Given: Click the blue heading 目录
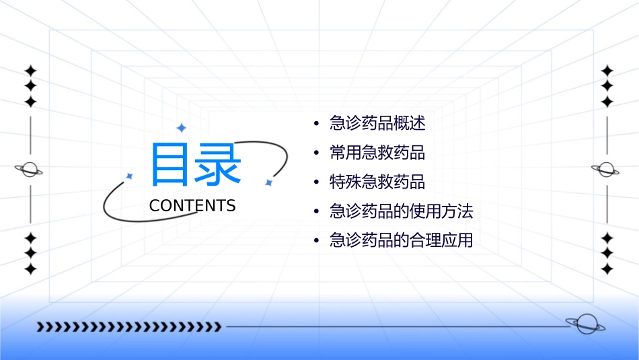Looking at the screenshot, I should (196, 165).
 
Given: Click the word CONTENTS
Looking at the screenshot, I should (192, 206).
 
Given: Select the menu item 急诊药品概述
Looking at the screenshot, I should (377, 124).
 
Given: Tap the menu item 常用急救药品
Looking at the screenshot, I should (377, 153).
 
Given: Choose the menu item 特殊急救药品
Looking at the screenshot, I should (377, 182).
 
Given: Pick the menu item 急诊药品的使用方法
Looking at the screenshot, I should (402, 212).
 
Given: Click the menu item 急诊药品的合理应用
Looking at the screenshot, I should (402, 241).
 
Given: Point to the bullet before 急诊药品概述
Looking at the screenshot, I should (317, 124).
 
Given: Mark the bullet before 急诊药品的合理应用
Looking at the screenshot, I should (317, 242).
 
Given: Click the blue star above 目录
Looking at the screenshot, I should (181, 128).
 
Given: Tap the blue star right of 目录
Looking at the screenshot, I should (268, 182).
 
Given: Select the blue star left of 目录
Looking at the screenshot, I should (129, 176).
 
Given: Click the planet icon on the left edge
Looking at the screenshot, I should (29, 170).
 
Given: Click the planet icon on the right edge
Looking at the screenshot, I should (606, 170).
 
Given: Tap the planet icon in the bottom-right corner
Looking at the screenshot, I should (585, 324).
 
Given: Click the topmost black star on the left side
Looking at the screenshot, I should (30, 71).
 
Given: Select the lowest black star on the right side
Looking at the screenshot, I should (607, 269).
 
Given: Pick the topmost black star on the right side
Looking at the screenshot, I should (607, 71).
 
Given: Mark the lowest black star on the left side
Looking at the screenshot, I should (30, 269).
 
